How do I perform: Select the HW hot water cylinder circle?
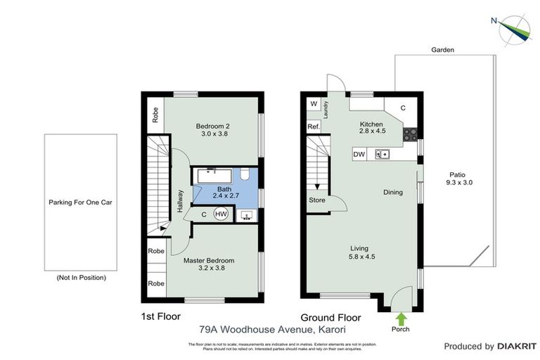[x=221, y=215]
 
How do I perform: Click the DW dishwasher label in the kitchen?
[x=359, y=154]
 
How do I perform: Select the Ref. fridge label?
[x=314, y=127]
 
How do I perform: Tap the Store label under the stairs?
[x=317, y=200]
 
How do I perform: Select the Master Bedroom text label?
[x=209, y=260]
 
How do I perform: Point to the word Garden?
[x=443, y=50]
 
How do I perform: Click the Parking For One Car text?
[x=81, y=202]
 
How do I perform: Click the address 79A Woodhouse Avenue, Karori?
[x=273, y=328]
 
